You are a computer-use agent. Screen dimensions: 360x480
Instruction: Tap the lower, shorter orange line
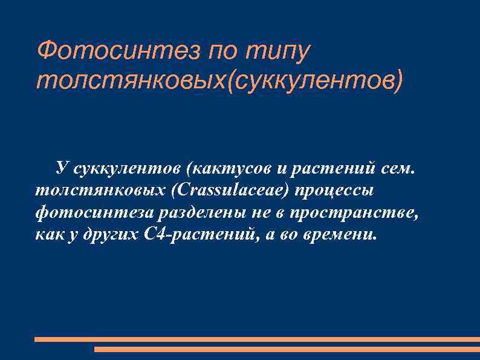point(287,349)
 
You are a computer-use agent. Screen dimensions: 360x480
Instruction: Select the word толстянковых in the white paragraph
point(100,190)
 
